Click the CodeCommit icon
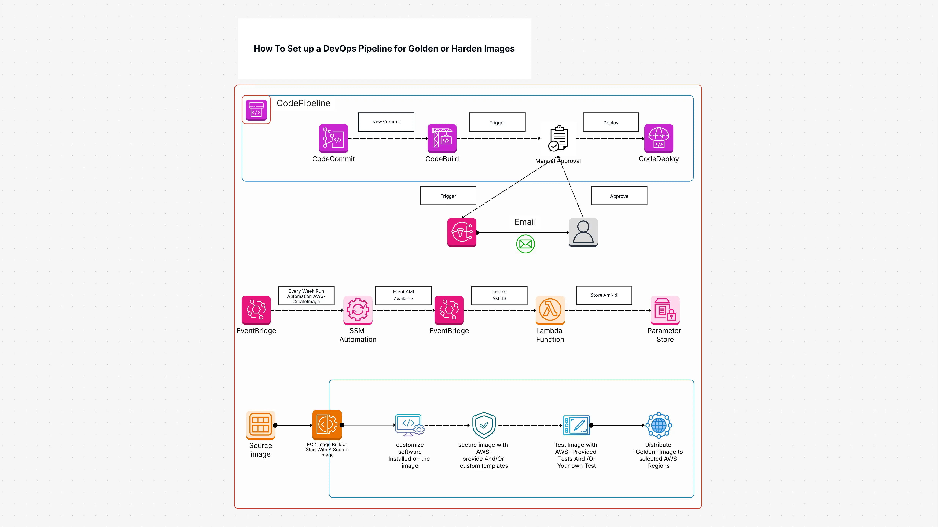[333, 138]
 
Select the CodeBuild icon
[442, 138]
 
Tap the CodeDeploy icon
[658, 138]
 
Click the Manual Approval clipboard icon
[558, 138]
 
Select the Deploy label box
[611, 122]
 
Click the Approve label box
[619, 196]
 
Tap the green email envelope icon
[525, 244]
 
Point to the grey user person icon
[583, 232]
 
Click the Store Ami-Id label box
[604, 295]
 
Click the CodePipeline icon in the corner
[256, 110]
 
